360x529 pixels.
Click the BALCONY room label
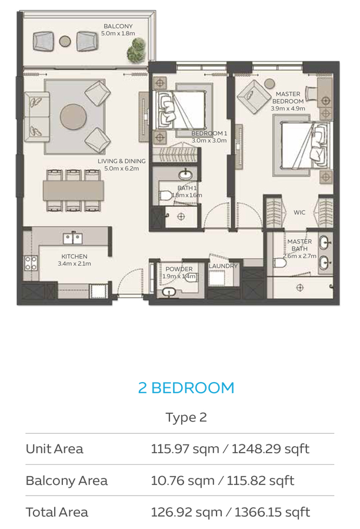point(118,26)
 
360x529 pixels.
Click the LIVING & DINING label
point(121,161)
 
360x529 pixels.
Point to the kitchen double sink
point(72,238)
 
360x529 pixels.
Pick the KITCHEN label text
point(74,256)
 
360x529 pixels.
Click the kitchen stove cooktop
point(31,263)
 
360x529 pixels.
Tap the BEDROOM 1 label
point(209,133)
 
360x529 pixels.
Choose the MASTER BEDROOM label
point(288,98)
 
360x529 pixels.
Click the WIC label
point(299,213)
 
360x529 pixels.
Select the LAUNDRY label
point(223,266)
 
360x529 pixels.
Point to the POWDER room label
point(179,269)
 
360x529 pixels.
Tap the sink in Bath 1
point(185,175)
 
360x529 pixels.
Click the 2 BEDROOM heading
point(186,388)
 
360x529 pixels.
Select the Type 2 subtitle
point(186,417)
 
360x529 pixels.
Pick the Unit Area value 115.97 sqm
point(185,449)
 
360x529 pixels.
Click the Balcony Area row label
point(66,481)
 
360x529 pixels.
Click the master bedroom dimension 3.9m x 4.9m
point(288,108)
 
